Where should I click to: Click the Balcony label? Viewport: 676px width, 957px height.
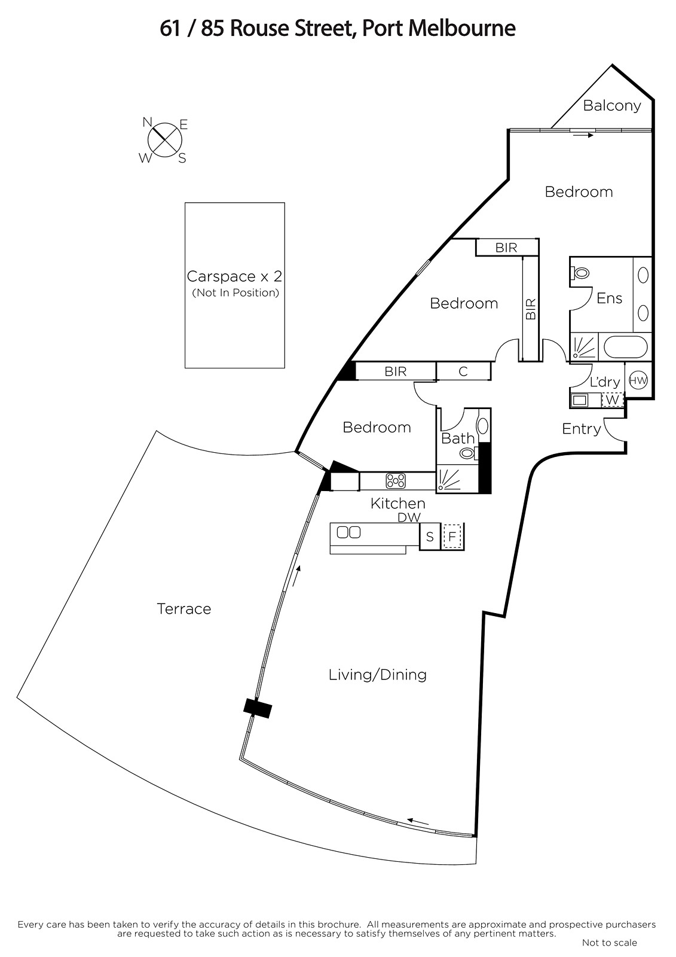(x=611, y=105)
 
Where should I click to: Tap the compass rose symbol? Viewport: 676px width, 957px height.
(x=165, y=140)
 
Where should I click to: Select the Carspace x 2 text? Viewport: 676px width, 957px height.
(x=234, y=276)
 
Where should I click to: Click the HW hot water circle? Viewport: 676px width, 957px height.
(x=638, y=380)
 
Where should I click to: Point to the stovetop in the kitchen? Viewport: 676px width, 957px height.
(x=396, y=481)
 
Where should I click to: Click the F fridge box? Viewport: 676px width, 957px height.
(x=452, y=536)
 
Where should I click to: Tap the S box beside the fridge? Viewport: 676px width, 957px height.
(x=430, y=537)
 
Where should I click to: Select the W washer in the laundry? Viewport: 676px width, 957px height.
(x=612, y=400)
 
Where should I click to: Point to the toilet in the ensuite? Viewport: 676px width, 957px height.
(x=580, y=272)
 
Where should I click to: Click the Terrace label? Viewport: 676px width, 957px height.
(x=183, y=608)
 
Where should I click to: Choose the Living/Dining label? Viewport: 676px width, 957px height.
(x=378, y=675)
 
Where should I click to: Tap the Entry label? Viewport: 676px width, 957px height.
(x=581, y=428)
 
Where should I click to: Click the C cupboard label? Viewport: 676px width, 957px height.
(x=463, y=371)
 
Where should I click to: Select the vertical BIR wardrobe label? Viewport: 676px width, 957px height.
(x=530, y=309)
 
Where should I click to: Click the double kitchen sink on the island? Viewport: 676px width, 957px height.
(x=348, y=532)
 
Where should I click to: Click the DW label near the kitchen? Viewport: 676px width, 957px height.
(x=409, y=517)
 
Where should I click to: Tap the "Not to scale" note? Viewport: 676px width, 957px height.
(x=610, y=943)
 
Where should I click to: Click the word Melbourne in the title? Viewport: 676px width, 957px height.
(x=462, y=29)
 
